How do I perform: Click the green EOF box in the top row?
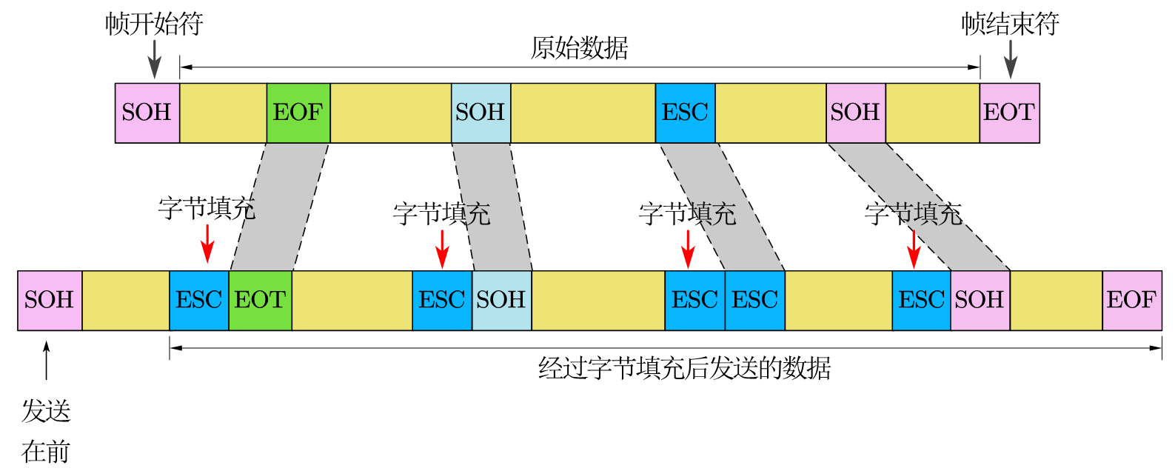298,113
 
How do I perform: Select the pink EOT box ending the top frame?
1009,113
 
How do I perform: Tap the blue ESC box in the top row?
685,113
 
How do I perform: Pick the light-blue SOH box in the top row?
481,113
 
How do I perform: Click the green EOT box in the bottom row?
260,300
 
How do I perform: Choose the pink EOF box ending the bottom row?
1131,300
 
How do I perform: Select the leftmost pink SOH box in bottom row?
50,300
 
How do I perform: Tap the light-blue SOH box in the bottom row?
501,300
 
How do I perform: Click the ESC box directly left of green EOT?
198,300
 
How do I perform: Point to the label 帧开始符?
154,24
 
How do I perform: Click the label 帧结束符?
1010,24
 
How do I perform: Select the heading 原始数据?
579,48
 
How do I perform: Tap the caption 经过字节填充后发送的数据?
684,367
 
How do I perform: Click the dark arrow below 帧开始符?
154,59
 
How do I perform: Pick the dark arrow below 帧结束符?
1010,59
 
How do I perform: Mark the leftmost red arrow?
207,243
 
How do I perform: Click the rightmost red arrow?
914,249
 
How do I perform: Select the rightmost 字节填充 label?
913,214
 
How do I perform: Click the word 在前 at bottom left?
46,451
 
